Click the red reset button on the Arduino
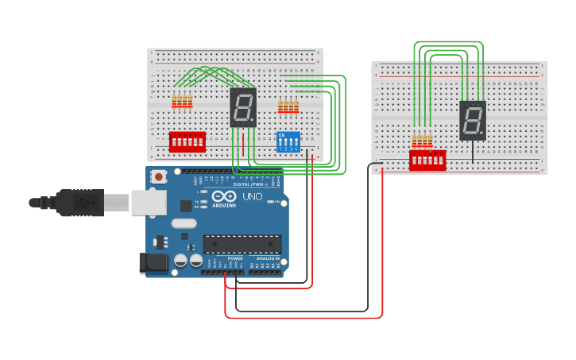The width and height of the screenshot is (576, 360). coord(159,176)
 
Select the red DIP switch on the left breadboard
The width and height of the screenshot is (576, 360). coord(187,141)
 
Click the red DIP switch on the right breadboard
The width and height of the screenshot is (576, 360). coord(427,160)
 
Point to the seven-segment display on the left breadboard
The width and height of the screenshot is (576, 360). coord(243,107)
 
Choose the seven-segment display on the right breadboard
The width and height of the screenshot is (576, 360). coord(473,121)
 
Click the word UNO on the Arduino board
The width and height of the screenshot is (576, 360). coord(252,196)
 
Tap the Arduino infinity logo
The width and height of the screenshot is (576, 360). coord(224,196)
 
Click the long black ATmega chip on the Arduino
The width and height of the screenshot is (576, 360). coord(242,244)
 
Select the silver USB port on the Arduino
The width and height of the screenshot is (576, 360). coord(149,203)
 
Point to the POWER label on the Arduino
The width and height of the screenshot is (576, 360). coord(235,259)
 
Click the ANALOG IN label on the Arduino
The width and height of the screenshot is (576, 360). coord(267,259)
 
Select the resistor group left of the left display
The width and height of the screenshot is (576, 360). coord(182,102)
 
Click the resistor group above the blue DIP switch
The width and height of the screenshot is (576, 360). coord(288,106)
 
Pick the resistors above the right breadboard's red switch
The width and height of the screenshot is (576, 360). coord(422,141)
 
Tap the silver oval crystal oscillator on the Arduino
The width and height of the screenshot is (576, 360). coord(184,223)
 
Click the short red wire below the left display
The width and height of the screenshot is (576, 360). coord(243,145)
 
